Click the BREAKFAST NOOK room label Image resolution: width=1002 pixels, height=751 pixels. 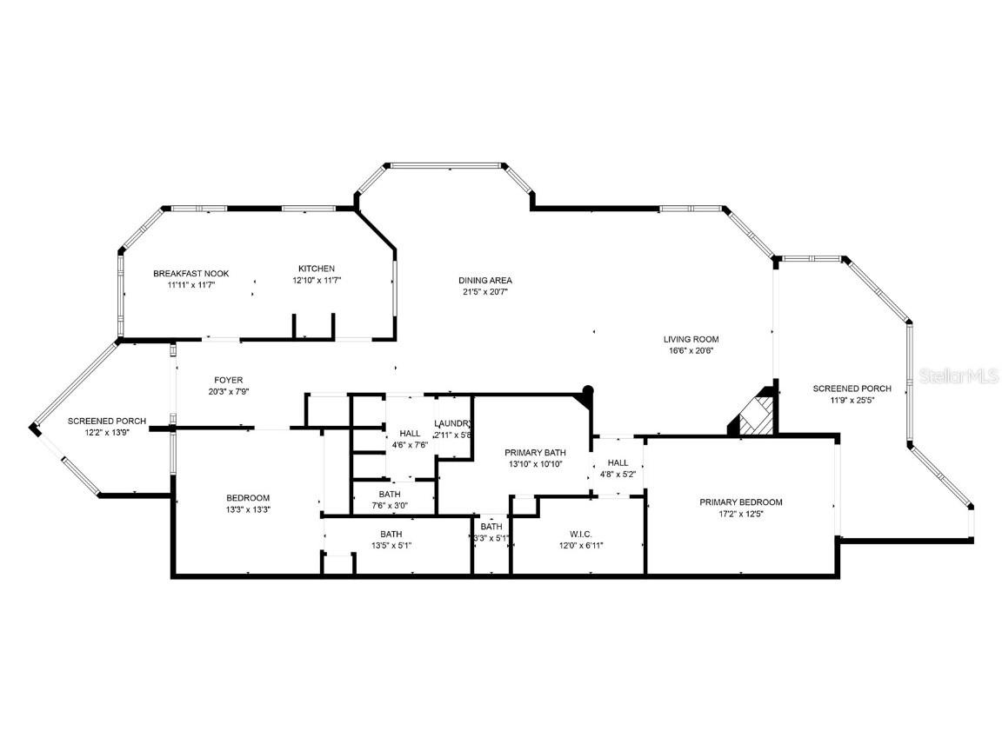190,273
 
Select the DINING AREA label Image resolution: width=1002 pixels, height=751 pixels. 485,280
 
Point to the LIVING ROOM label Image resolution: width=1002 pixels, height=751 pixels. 691,339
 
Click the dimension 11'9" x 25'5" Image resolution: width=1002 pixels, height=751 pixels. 852,400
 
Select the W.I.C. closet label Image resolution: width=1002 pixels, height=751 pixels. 580,534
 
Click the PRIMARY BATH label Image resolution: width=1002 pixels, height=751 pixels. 535,452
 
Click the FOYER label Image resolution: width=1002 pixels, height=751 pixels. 229,380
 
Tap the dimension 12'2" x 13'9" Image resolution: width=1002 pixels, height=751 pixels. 107,432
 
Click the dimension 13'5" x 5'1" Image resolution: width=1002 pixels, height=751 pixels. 391,545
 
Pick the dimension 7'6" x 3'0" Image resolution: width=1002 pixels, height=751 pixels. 389,505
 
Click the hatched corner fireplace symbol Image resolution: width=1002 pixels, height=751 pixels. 753,415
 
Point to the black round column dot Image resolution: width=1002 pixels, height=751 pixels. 588,391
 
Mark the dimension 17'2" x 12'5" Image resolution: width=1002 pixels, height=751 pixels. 741,513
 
